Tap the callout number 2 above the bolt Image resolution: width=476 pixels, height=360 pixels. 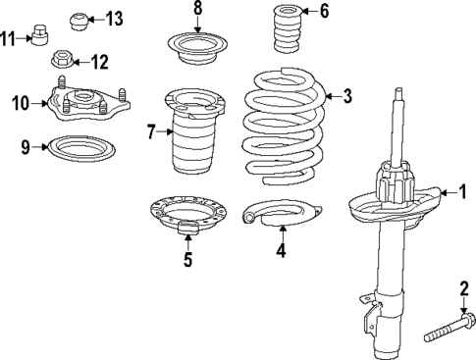pyautogui.click(x=463, y=287)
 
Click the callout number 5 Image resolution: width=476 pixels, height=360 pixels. pyautogui.click(x=187, y=260)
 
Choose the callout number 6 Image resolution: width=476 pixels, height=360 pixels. pyautogui.click(x=325, y=12)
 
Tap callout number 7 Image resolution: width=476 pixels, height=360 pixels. pyautogui.click(x=151, y=130)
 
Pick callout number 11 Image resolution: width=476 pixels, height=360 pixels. pyautogui.click(x=9, y=39)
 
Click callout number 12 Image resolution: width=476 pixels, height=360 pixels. pyautogui.click(x=99, y=62)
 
